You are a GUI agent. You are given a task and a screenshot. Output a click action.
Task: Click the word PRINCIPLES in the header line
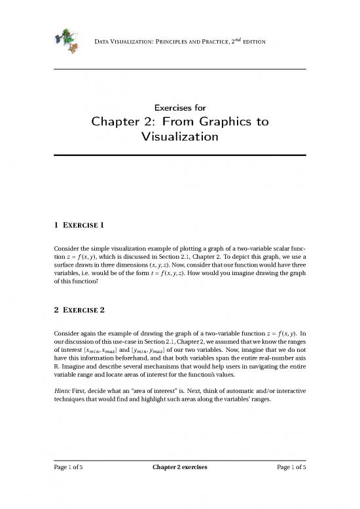(170, 43)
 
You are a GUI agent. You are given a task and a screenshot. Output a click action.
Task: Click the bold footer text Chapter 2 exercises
(180, 485)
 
